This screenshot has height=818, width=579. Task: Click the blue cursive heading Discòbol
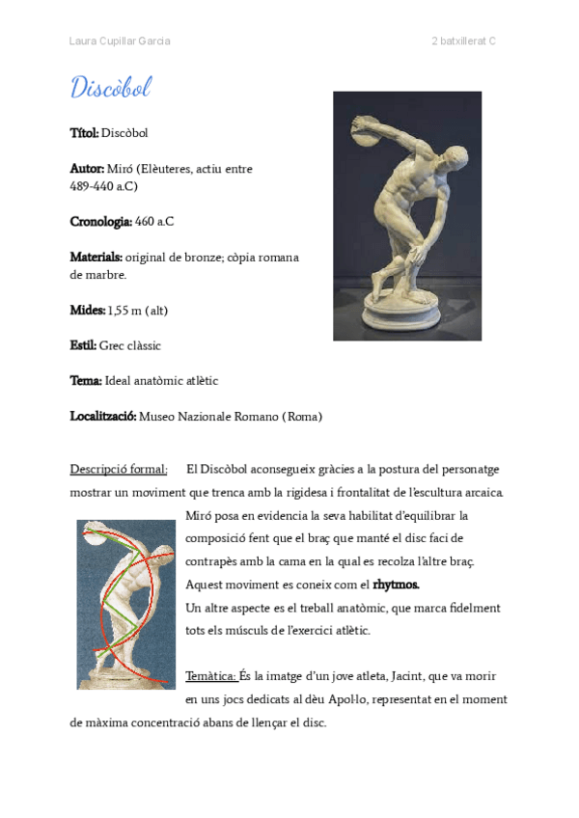pyautogui.click(x=111, y=88)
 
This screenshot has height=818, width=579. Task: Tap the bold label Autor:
pyautogui.click(x=87, y=169)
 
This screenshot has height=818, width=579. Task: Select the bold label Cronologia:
pyautogui.click(x=100, y=222)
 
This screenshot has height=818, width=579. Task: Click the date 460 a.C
pyautogui.click(x=154, y=222)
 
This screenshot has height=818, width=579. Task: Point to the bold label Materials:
pyautogui.click(x=96, y=258)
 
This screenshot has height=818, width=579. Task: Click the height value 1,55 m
pyautogui.click(x=124, y=311)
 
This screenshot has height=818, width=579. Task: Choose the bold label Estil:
pyautogui.click(x=83, y=345)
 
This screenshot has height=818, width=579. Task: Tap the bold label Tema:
pyautogui.click(x=85, y=381)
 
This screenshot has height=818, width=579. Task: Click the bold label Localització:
pyautogui.click(x=103, y=417)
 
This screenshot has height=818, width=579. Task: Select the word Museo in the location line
pyautogui.click(x=157, y=417)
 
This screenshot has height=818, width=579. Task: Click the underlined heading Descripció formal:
pyautogui.click(x=119, y=470)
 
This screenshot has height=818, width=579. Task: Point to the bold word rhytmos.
pyautogui.click(x=396, y=585)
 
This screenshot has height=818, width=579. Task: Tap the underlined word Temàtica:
pyautogui.click(x=210, y=676)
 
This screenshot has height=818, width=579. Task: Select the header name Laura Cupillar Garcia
pyautogui.click(x=120, y=41)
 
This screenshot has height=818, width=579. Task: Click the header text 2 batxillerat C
pyautogui.click(x=463, y=41)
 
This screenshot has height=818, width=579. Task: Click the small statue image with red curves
pyautogui.click(x=125, y=604)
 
